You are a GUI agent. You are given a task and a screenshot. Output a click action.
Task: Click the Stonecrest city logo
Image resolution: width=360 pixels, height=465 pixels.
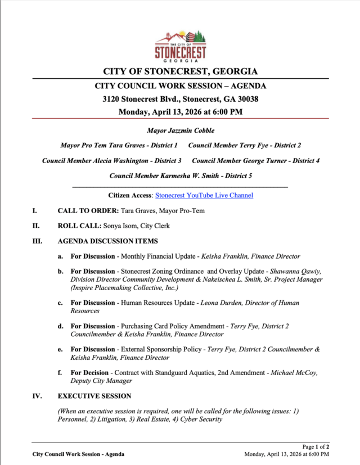pos(180,44)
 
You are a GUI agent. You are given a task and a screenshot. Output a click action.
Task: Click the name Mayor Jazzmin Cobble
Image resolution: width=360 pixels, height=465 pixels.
pos(180,131)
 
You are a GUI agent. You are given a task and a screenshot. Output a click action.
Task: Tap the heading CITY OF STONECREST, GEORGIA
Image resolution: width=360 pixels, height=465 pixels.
pos(180,71)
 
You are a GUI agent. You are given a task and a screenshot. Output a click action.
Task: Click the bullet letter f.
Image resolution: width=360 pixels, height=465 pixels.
pos(60,373)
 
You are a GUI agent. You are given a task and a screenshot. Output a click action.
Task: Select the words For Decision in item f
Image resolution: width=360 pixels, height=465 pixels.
pos(91,373)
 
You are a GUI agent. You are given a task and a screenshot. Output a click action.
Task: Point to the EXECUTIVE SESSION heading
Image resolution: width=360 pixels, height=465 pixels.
pos(94,396)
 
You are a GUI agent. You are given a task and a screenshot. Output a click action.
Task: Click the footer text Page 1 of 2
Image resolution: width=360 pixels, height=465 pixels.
pos(316,447)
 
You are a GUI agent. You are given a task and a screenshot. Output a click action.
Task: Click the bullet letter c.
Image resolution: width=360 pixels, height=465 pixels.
pos(60,303)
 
